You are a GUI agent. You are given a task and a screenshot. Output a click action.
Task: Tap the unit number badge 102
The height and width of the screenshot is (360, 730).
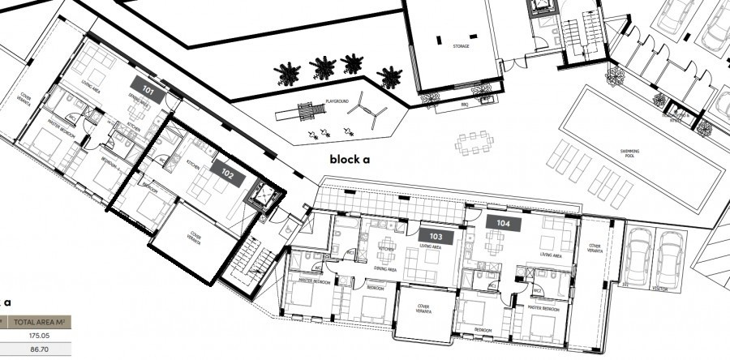point(226,173)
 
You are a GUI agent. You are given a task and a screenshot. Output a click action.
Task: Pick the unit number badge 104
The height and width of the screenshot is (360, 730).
point(502,221)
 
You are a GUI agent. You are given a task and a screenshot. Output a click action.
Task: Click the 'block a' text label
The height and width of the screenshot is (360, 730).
point(349,160)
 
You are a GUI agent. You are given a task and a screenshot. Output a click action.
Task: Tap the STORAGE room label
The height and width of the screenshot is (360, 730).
point(460,47)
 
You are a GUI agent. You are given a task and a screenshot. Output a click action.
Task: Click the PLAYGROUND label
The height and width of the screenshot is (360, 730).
point(337,101)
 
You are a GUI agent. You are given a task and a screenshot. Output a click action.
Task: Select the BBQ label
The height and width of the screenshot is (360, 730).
point(465,105)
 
